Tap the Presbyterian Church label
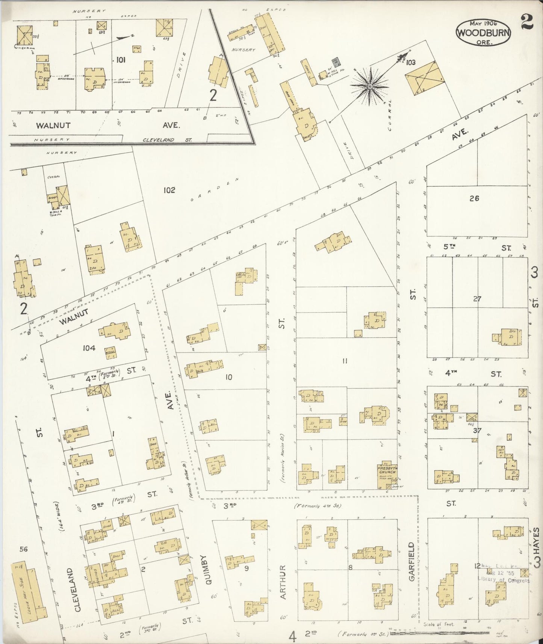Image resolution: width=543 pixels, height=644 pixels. coord(387,472)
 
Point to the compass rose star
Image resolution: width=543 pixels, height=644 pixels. coord(370,86)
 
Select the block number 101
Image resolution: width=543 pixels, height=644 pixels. coord(121,59)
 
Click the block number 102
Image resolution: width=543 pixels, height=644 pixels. coord(169,190)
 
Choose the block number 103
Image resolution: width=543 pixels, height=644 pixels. coord(411,63)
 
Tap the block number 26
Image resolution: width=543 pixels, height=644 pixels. coord(474,198)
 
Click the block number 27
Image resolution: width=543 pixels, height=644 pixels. coord(477,299)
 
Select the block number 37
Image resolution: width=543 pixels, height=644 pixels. coord(477,430)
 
